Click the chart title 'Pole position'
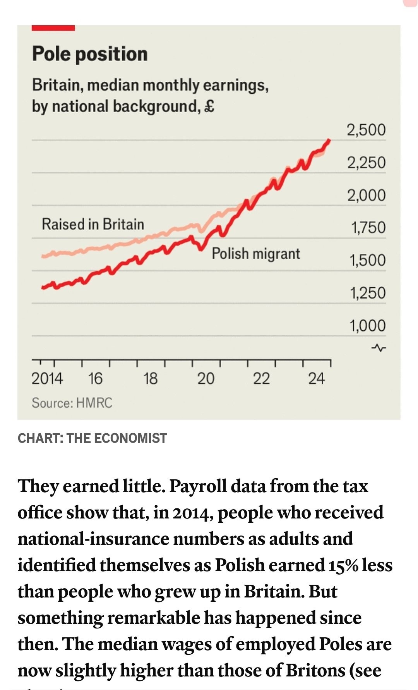90,54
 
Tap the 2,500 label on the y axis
366,130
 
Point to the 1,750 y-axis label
368,228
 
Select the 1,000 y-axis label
368,326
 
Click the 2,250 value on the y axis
366,163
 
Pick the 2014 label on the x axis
47,378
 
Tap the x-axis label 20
206,378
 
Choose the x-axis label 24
317,378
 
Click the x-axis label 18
150,378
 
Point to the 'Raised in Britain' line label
93,224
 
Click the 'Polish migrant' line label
255,254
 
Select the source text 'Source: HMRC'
72,403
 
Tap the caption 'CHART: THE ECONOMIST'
93,438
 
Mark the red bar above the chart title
53,28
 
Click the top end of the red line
329,140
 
